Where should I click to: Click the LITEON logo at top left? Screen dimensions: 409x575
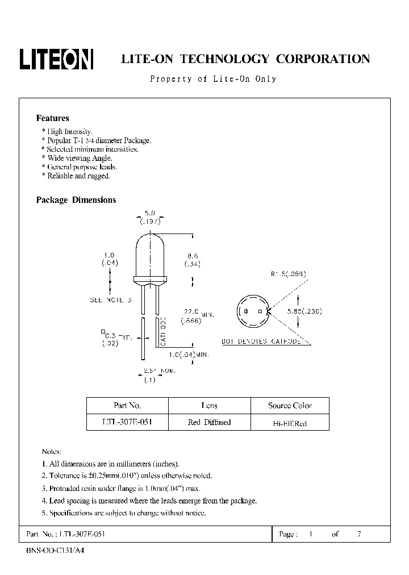tap(56, 59)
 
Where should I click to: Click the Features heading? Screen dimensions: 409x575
tap(52, 118)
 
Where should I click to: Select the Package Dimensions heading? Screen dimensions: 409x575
tap(76, 200)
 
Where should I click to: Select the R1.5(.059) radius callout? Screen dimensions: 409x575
tap(288, 274)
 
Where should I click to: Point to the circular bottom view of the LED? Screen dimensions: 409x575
tap(252, 311)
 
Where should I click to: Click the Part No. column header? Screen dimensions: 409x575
tap(127, 406)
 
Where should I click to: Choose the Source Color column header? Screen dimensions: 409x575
tap(290, 406)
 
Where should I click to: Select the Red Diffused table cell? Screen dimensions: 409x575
tap(209, 422)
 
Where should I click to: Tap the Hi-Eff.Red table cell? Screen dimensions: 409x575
tap(290, 423)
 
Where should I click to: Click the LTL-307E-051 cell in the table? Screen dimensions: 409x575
tap(127, 422)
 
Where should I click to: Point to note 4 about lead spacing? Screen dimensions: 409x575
tap(149, 501)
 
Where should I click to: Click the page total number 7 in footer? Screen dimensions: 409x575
tap(358, 535)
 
